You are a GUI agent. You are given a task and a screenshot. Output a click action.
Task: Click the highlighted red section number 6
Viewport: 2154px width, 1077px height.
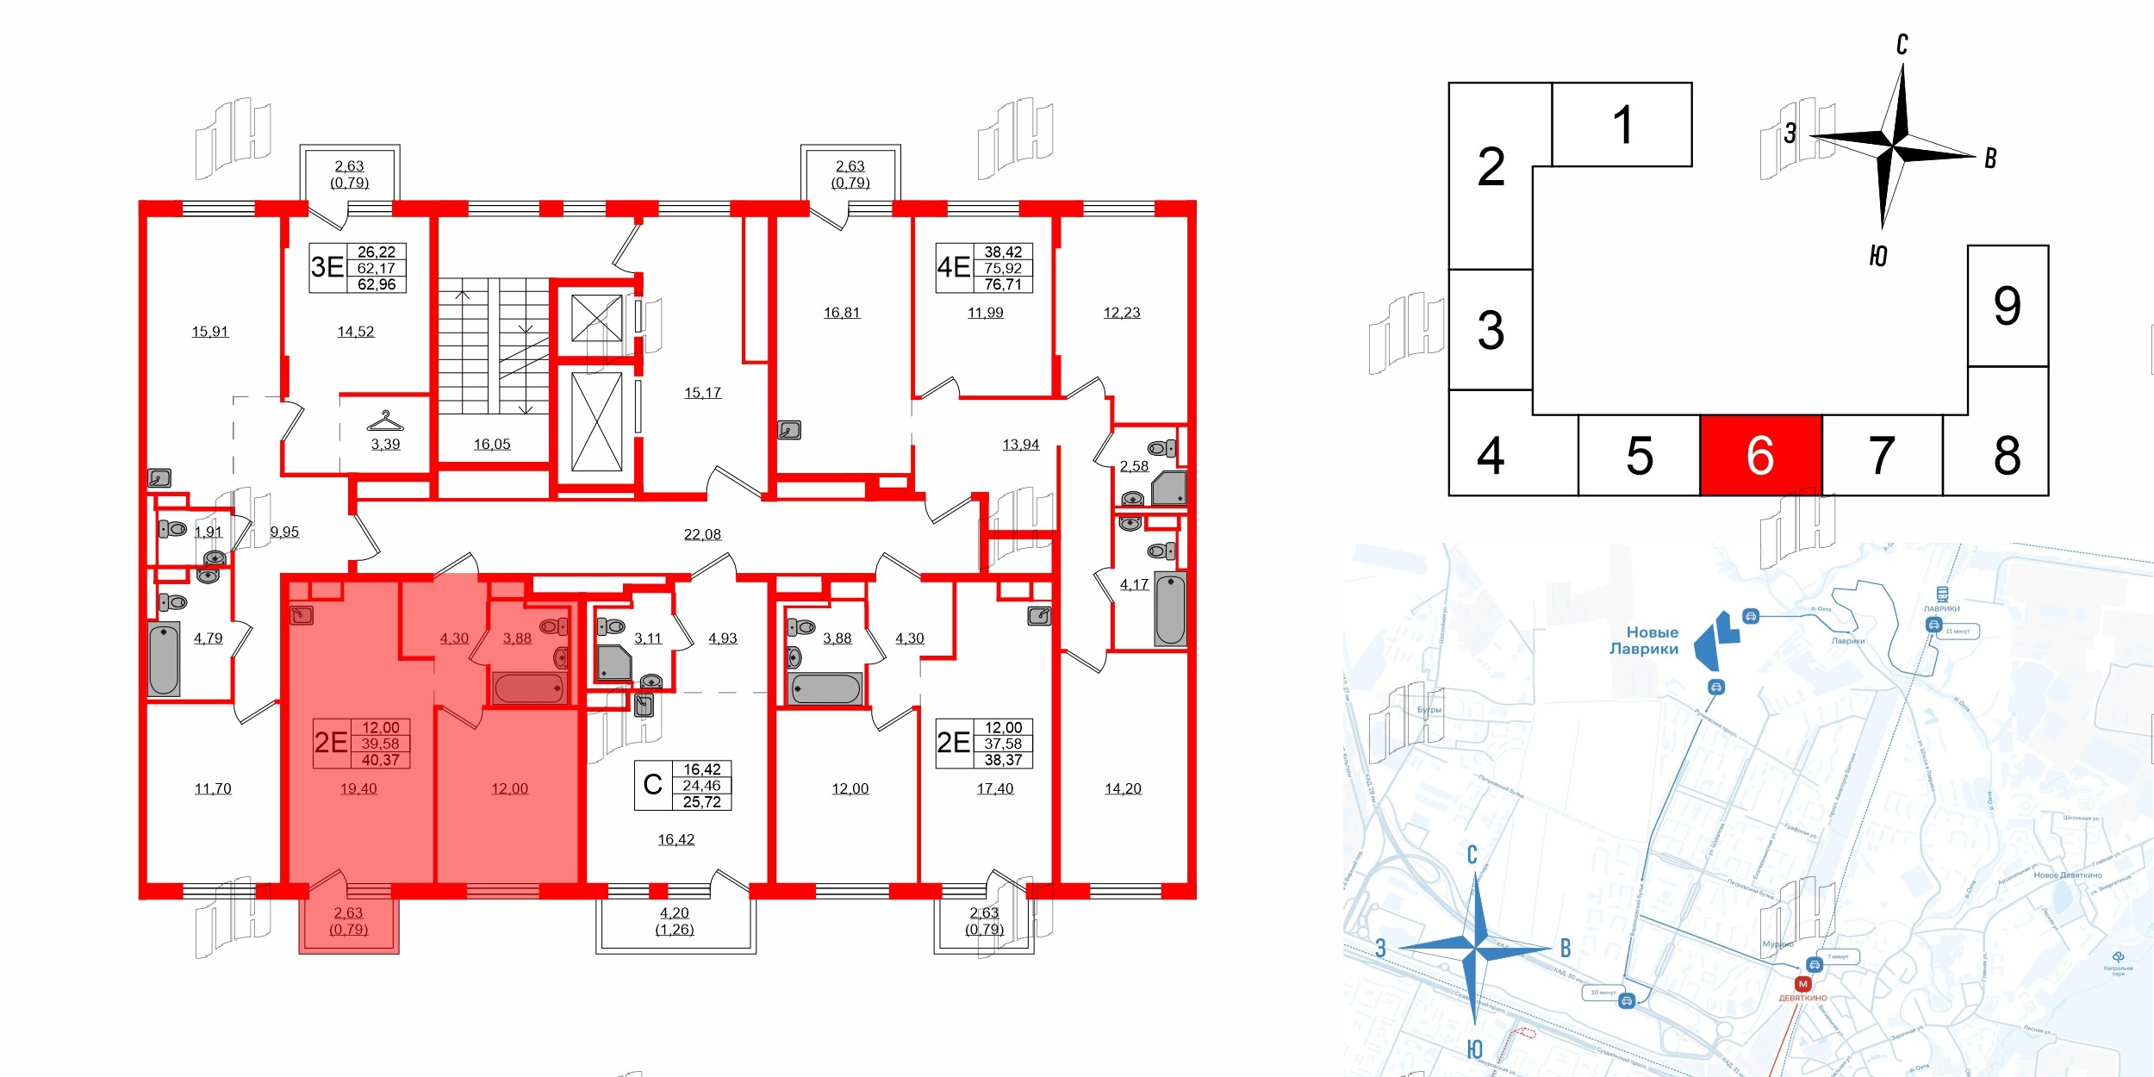point(1760,456)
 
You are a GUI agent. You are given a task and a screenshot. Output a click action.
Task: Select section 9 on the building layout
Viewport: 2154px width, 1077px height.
point(2007,306)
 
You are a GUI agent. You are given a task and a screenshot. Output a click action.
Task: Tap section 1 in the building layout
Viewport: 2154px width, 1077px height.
point(1622,125)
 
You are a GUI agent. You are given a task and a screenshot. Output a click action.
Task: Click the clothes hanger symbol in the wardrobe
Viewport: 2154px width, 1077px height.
point(385,421)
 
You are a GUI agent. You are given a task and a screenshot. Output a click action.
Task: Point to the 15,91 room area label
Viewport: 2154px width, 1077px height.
point(210,332)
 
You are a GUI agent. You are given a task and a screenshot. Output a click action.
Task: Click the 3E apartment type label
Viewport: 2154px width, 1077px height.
point(327,267)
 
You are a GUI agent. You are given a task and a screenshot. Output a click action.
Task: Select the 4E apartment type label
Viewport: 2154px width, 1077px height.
point(954,267)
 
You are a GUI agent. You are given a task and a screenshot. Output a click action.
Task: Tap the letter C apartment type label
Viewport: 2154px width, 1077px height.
point(653,785)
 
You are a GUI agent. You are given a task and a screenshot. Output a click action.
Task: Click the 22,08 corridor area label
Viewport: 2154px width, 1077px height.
point(702,534)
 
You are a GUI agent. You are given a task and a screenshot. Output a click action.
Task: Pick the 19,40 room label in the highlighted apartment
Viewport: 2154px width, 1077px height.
point(358,788)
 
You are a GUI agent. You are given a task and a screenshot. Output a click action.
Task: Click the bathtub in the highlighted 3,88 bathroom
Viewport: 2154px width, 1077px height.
point(529,688)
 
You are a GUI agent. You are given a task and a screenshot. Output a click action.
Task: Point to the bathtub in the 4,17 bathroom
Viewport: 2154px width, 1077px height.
point(1170,608)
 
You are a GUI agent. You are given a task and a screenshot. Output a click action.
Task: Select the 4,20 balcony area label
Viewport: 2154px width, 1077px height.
point(675,912)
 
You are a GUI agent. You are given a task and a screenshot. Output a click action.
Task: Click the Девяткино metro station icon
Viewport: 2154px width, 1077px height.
point(1802,984)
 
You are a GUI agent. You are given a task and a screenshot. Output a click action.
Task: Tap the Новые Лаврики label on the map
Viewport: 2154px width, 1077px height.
point(1644,640)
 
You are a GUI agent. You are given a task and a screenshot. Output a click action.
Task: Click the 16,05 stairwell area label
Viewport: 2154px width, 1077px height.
point(492,445)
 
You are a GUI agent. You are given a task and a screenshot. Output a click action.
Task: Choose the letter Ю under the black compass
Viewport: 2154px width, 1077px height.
point(1878,256)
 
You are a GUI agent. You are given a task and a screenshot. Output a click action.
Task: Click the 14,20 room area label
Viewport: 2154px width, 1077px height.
point(1123,788)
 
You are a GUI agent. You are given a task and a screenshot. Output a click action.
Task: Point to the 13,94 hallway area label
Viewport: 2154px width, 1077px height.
point(1021,445)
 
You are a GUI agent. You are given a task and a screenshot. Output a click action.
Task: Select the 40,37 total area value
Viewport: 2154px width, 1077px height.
point(380,760)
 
